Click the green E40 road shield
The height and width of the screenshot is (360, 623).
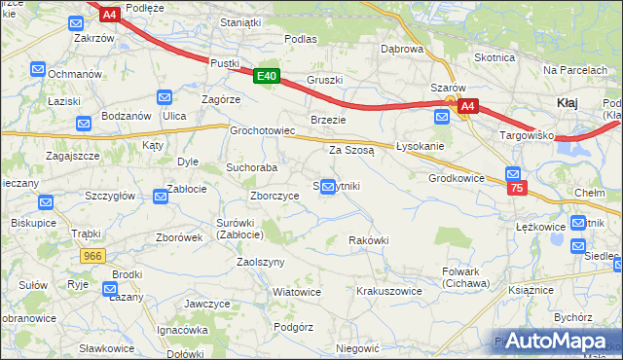[x=268, y=76]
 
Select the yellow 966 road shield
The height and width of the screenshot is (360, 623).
[x=93, y=255]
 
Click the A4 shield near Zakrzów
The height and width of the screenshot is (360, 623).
[x=109, y=14]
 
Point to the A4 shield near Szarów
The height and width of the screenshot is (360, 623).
[x=467, y=106]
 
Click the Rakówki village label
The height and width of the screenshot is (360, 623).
[x=369, y=240]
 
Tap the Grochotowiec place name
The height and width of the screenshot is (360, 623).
[x=262, y=130]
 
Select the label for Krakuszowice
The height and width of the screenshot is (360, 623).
[x=388, y=291]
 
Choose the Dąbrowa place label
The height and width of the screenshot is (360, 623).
[x=402, y=49]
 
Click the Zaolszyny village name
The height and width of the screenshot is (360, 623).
[x=260, y=263]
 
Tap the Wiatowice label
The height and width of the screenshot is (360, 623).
[x=296, y=292]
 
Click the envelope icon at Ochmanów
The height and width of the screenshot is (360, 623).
[x=38, y=69]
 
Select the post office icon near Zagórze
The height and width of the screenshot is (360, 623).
[x=165, y=97]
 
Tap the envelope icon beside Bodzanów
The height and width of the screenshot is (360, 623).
[x=84, y=124]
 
